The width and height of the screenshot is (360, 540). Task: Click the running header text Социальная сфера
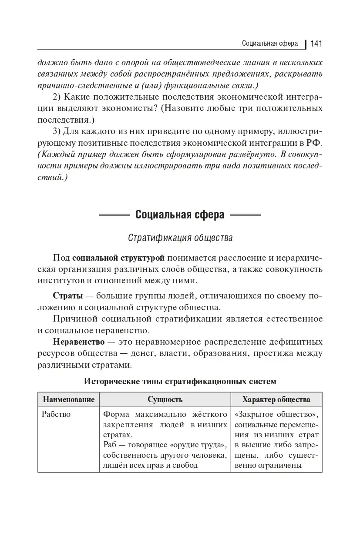(x=269, y=44)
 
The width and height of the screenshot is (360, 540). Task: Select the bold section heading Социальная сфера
(x=180, y=215)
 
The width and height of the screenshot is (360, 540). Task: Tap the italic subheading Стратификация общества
(x=180, y=238)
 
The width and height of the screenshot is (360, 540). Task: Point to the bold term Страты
(x=67, y=297)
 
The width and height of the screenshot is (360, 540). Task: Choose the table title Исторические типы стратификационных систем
(x=180, y=382)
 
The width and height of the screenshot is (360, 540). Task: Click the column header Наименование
(x=68, y=399)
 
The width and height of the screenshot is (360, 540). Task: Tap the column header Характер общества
(x=276, y=399)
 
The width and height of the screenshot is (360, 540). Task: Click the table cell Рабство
(x=56, y=414)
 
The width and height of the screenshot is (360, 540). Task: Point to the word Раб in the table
(x=111, y=445)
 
